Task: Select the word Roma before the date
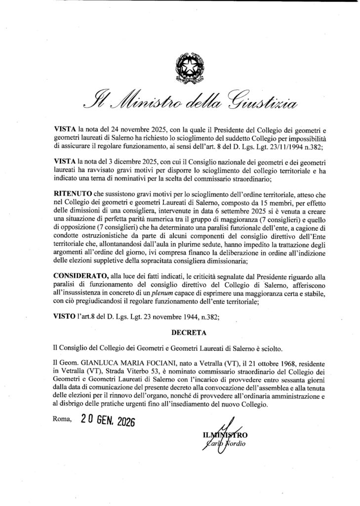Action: point(62,422)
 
